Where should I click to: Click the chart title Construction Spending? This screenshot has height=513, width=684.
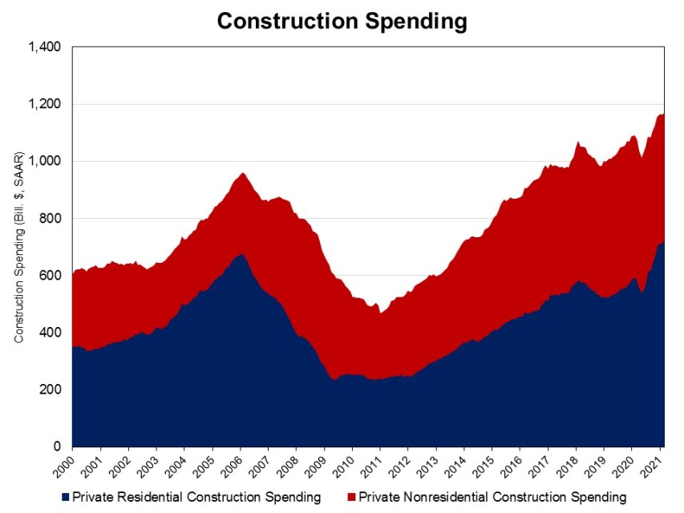(342, 21)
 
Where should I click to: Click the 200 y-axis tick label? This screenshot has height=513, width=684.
(53, 390)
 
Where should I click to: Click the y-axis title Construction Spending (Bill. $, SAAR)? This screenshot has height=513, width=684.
(18, 247)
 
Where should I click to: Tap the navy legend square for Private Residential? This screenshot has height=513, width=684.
(65, 498)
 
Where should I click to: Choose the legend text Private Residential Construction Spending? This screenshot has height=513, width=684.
(196, 498)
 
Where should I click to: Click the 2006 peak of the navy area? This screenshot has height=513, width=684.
(241, 255)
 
